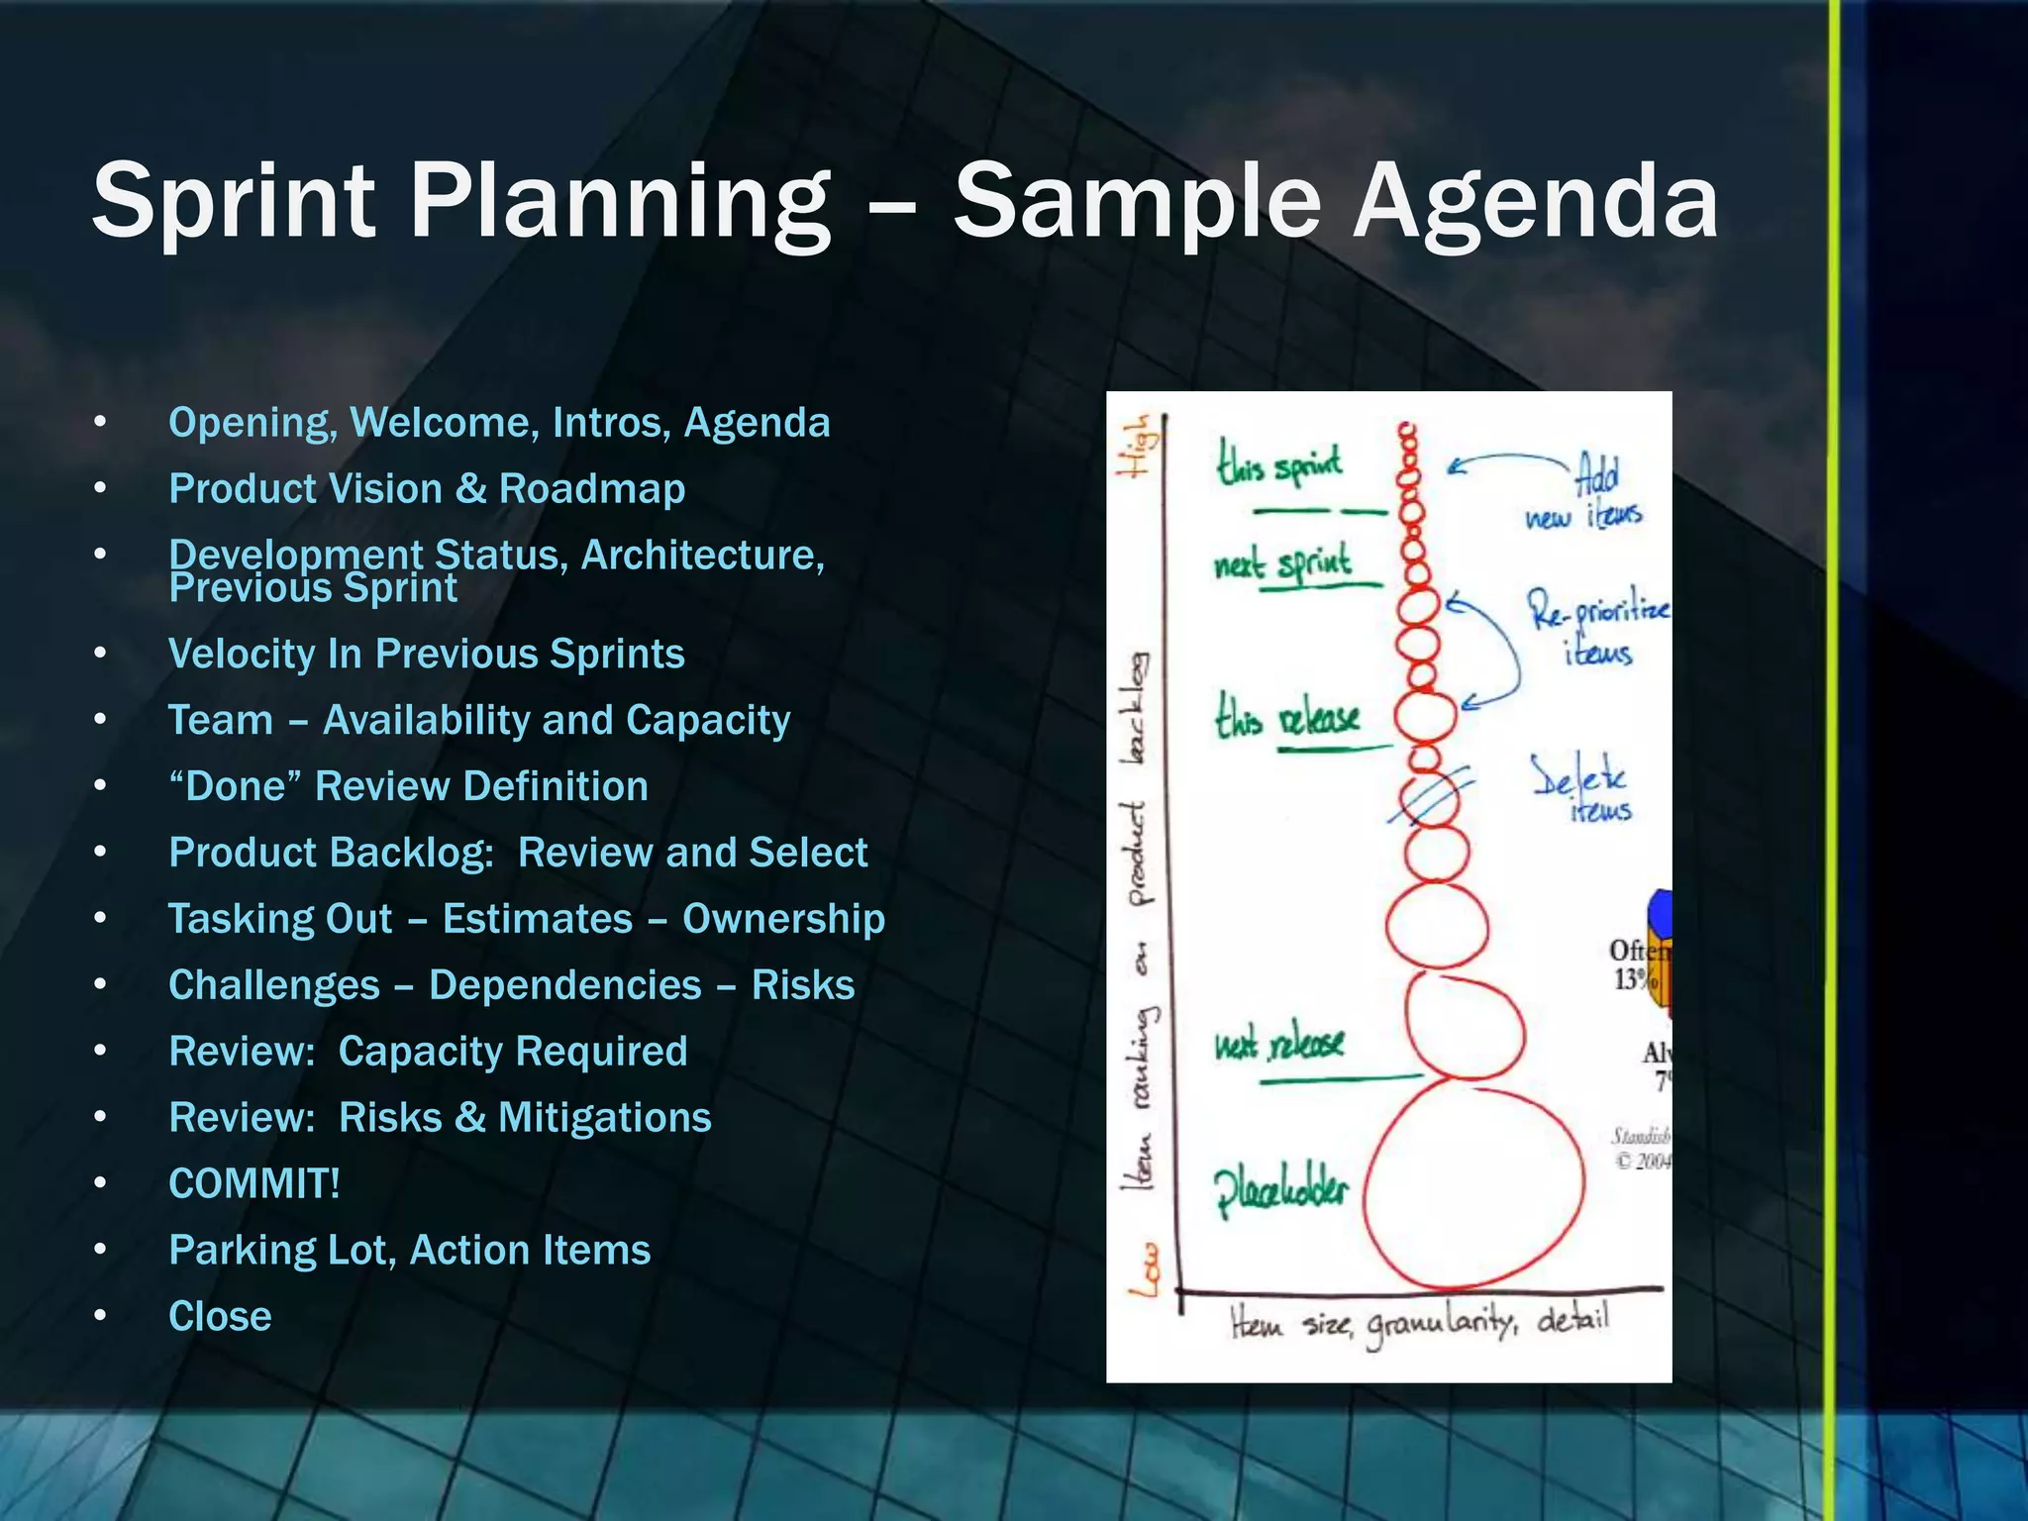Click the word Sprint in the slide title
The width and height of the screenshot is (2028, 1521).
pyautogui.click(x=234, y=202)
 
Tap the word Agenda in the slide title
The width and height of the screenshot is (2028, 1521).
pyautogui.click(x=1535, y=204)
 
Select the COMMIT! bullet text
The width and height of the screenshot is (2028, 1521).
pyautogui.click(x=254, y=1183)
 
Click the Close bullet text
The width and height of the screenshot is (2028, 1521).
pyautogui.click(x=220, y=1316)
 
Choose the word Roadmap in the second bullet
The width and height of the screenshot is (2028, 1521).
pyautogui.click(x=591, y=489)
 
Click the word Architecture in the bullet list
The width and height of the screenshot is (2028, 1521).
pyautogui.click(x=702, y=555)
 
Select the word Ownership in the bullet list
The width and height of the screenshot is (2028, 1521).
pyautogui.click(x=783, y=919)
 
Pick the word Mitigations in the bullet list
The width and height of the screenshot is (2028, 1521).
pyautogui.click(x=604, y=1118)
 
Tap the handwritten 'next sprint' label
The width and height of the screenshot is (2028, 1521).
pyautogui.click(x=1283, y=564)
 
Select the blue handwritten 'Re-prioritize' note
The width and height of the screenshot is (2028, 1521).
pyautogui.click(x=1597, y=609)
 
